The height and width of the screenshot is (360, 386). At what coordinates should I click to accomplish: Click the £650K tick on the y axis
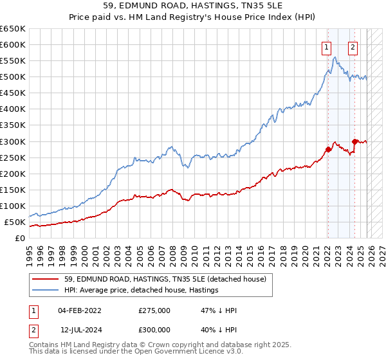pos(13,29)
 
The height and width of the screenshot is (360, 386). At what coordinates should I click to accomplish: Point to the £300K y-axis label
pos(13,141)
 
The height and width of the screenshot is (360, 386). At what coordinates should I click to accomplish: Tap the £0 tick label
pos(19,238)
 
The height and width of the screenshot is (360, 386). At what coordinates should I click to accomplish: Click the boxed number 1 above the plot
pos(327,46)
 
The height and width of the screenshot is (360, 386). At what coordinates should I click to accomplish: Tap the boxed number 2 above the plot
pos(353,46)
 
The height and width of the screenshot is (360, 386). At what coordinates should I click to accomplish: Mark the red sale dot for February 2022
pos(328,149)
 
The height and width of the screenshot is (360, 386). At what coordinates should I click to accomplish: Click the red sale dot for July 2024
pos(354,141)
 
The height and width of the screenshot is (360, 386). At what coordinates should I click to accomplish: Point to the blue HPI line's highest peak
pos(335,57)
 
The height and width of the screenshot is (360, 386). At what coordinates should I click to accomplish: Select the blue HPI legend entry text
pos(141,290)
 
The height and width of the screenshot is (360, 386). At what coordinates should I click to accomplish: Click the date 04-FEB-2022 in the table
pos(82,310)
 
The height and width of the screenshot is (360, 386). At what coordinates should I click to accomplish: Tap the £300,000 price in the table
pos(154,328)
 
